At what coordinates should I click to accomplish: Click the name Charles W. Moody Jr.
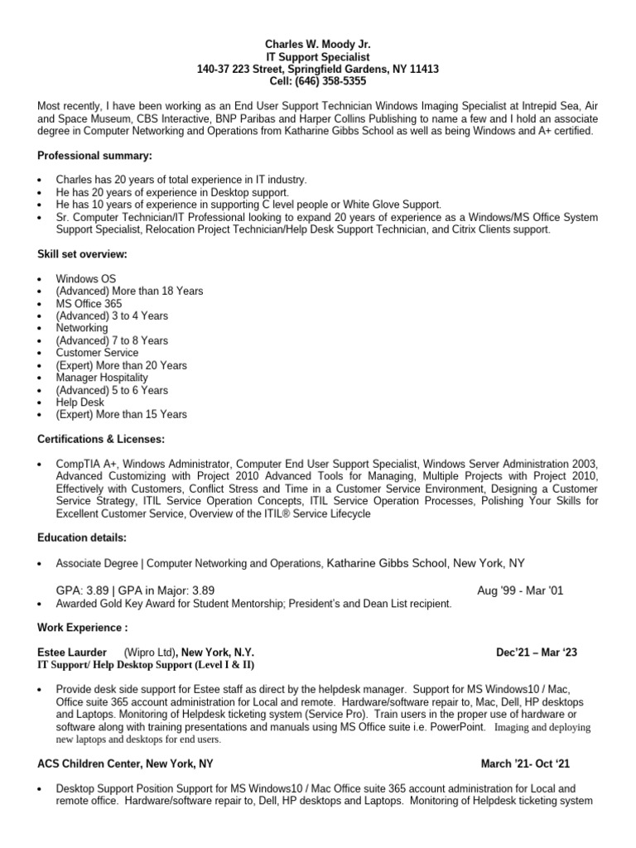point(318,44)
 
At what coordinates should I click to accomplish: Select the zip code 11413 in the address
point(424,69)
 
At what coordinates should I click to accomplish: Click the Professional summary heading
point(94,156)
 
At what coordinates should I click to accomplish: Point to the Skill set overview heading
point(82,254)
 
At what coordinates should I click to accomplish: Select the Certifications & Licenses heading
point(101,439)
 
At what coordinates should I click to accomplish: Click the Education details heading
point(82,537)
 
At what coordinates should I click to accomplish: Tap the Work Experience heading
point(83,627)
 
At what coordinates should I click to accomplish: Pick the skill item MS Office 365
point(89,303)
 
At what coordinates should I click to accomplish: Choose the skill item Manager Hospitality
point(102,378)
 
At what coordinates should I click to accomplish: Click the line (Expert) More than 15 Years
point(121,414)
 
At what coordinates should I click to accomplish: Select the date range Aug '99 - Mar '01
point(521,590)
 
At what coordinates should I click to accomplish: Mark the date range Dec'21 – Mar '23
point(537,653)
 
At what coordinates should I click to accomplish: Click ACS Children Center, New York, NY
point(125,764)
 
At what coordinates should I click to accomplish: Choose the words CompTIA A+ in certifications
point(86,464)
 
